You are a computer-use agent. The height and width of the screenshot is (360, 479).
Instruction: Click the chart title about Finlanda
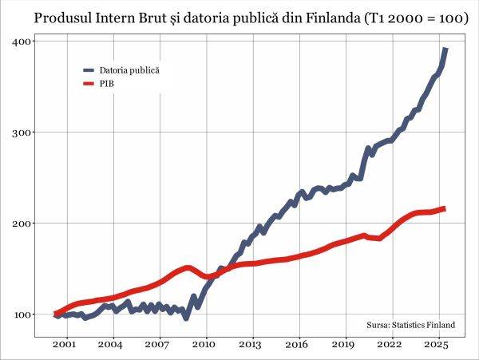[239, 17]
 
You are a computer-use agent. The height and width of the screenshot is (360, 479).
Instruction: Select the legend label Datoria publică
[129, 70]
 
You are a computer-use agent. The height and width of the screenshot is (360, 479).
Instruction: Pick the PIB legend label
[108, 83]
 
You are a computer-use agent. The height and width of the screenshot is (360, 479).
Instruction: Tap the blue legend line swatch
[89, 70]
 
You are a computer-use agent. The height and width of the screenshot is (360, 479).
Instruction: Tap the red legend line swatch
[89, 83]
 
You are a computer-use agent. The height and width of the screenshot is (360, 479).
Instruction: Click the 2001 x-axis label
[65, 345]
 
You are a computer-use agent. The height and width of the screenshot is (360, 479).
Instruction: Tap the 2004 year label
[111, 345]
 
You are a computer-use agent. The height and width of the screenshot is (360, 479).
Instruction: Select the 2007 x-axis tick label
[158, 345]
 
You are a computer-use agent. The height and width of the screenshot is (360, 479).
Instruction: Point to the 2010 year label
[204, 345]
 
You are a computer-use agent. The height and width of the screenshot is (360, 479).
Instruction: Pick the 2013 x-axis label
[251, 345]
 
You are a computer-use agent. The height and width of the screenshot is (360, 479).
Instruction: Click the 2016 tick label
[297, 345]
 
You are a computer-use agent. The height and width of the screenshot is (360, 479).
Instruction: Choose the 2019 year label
[343, 345]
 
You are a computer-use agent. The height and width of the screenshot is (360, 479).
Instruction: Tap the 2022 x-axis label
[390, 345]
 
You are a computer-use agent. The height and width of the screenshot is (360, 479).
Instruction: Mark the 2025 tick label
[437, 345]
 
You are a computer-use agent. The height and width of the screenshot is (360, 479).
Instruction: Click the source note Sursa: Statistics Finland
[410, 325]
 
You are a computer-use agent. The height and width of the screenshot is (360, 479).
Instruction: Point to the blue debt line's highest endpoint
[445, 49]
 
